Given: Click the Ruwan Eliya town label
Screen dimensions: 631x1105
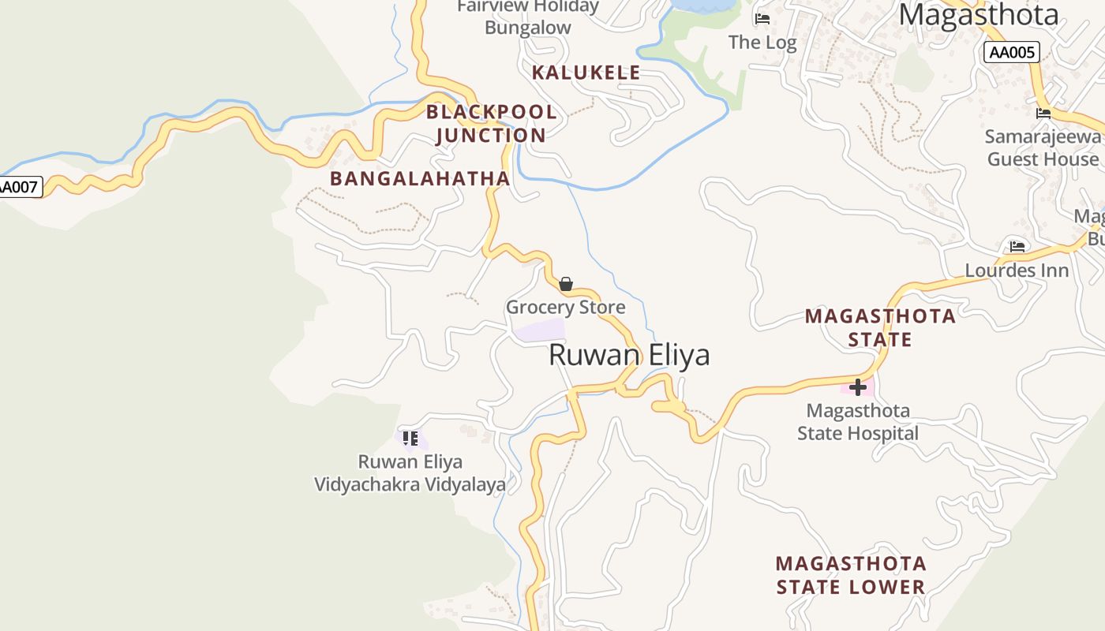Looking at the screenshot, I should (x=629, y=355).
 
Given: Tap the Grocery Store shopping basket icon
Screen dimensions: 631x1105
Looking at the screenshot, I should (x=566, y=284).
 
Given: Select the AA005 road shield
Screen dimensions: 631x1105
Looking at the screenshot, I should (x=1011, y=53).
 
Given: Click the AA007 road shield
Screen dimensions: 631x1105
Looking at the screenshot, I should (x=19, y=187).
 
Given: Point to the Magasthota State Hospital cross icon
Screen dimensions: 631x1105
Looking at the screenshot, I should (x=858, y=387).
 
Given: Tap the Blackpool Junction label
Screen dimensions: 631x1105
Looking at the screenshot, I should (x=491, y=124).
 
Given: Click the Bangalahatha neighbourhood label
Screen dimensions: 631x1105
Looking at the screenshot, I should (x=420, y=178).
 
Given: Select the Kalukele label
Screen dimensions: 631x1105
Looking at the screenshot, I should (x=586, y=73).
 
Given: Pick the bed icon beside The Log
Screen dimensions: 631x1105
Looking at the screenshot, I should (x=762, y=18).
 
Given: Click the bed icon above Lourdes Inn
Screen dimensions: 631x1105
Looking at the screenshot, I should (x=1017, y=247).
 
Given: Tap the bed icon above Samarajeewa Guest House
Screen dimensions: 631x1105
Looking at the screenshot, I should (x=1043, y=114).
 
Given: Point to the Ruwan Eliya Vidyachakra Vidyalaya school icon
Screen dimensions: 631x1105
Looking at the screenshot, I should (x=410, y=438).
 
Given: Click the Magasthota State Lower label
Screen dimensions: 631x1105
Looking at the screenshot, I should (x=851, y=575).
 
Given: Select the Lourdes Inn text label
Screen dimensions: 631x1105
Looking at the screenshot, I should (x=1017, y=271).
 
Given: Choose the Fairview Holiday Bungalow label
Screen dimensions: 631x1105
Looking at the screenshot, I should (x=528, y=17).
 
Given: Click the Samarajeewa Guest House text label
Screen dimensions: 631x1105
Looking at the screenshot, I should (x=1043, y=147).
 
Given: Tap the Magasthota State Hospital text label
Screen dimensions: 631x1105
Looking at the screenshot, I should (x=858, y=422).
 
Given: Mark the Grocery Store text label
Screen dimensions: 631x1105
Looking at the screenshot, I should (x=565, y=307).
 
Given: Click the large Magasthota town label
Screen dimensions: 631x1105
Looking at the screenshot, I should (x=979, y=14).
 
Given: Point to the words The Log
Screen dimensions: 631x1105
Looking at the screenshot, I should (x=762, y=43).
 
